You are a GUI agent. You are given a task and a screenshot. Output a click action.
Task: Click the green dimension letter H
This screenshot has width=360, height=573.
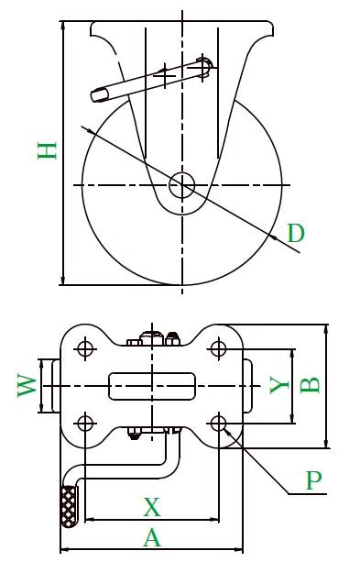point(47,151)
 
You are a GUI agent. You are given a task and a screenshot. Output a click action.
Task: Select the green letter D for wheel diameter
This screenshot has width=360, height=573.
point(296,233)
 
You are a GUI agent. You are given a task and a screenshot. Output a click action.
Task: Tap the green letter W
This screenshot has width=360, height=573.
point(27,386)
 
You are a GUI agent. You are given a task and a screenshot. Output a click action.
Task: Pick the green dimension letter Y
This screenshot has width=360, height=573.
point(279,385)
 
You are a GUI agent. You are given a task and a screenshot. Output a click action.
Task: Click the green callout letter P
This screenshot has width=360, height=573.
point(313,480)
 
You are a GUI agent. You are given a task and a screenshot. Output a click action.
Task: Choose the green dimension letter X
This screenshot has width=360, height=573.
point(151,507)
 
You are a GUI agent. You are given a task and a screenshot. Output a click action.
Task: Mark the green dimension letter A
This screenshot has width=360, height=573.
point(151,537)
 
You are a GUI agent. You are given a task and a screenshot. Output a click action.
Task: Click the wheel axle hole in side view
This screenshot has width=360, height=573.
point(181,185)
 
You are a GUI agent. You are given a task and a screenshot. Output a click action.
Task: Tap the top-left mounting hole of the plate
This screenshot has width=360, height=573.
point(85,348)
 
